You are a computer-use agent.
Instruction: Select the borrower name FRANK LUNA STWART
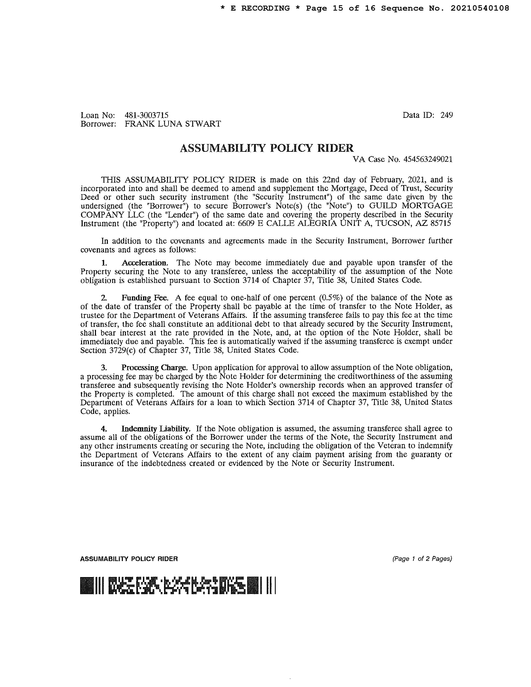coord(173,124)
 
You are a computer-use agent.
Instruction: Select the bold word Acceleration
coord(144,263)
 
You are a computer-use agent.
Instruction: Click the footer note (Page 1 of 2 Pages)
coord(422,559)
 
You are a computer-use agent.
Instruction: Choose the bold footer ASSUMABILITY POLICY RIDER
coord(129,559)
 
